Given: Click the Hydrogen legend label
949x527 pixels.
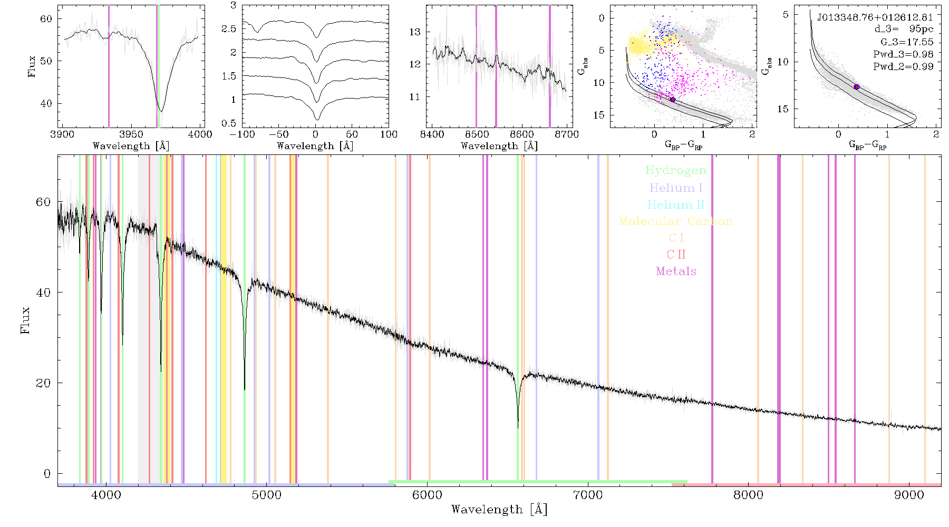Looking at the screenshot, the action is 676,170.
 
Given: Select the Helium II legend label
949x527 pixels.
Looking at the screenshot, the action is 676,204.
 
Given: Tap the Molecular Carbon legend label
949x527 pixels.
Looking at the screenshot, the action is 676,221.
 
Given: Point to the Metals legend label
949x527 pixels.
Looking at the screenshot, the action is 676,271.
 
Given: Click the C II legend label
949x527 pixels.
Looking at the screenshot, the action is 676,255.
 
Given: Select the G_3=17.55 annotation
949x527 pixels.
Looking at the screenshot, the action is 907,42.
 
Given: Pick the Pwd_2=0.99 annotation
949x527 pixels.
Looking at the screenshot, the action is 903,66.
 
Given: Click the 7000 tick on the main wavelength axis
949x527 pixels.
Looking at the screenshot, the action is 587,495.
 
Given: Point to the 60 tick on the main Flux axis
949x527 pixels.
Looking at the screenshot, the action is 43,202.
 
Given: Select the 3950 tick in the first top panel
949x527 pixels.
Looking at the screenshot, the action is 131,134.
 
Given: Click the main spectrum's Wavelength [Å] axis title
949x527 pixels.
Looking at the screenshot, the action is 499,510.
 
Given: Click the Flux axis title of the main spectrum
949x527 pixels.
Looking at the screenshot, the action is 25,320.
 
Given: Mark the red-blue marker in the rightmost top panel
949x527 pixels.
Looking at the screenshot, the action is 857,87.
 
